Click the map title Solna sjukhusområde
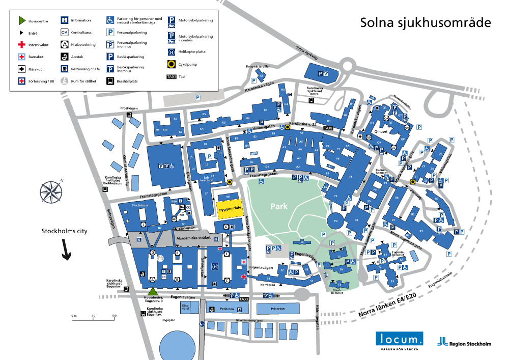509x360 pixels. pos(426,22)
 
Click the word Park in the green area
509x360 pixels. pos(279,207)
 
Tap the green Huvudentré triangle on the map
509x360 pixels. pos(152,291)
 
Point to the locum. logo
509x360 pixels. pos(400,339)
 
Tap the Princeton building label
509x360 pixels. pos(277,309)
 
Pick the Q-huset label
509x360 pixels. pos(383,131)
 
